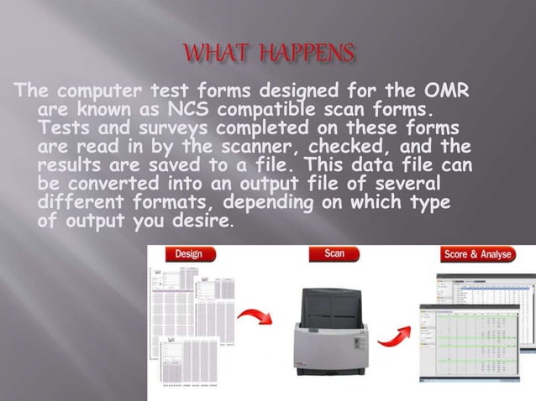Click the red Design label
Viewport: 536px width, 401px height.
tap(190, 253)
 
